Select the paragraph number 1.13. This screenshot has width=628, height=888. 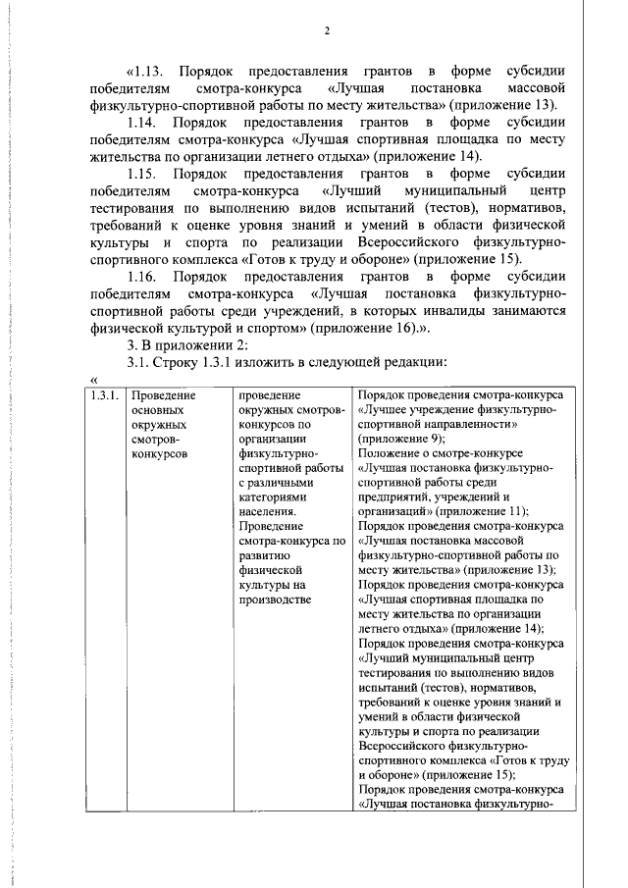coord(154,72)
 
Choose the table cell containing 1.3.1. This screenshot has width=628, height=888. coord(104,395)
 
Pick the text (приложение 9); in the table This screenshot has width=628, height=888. coord(400,439)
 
